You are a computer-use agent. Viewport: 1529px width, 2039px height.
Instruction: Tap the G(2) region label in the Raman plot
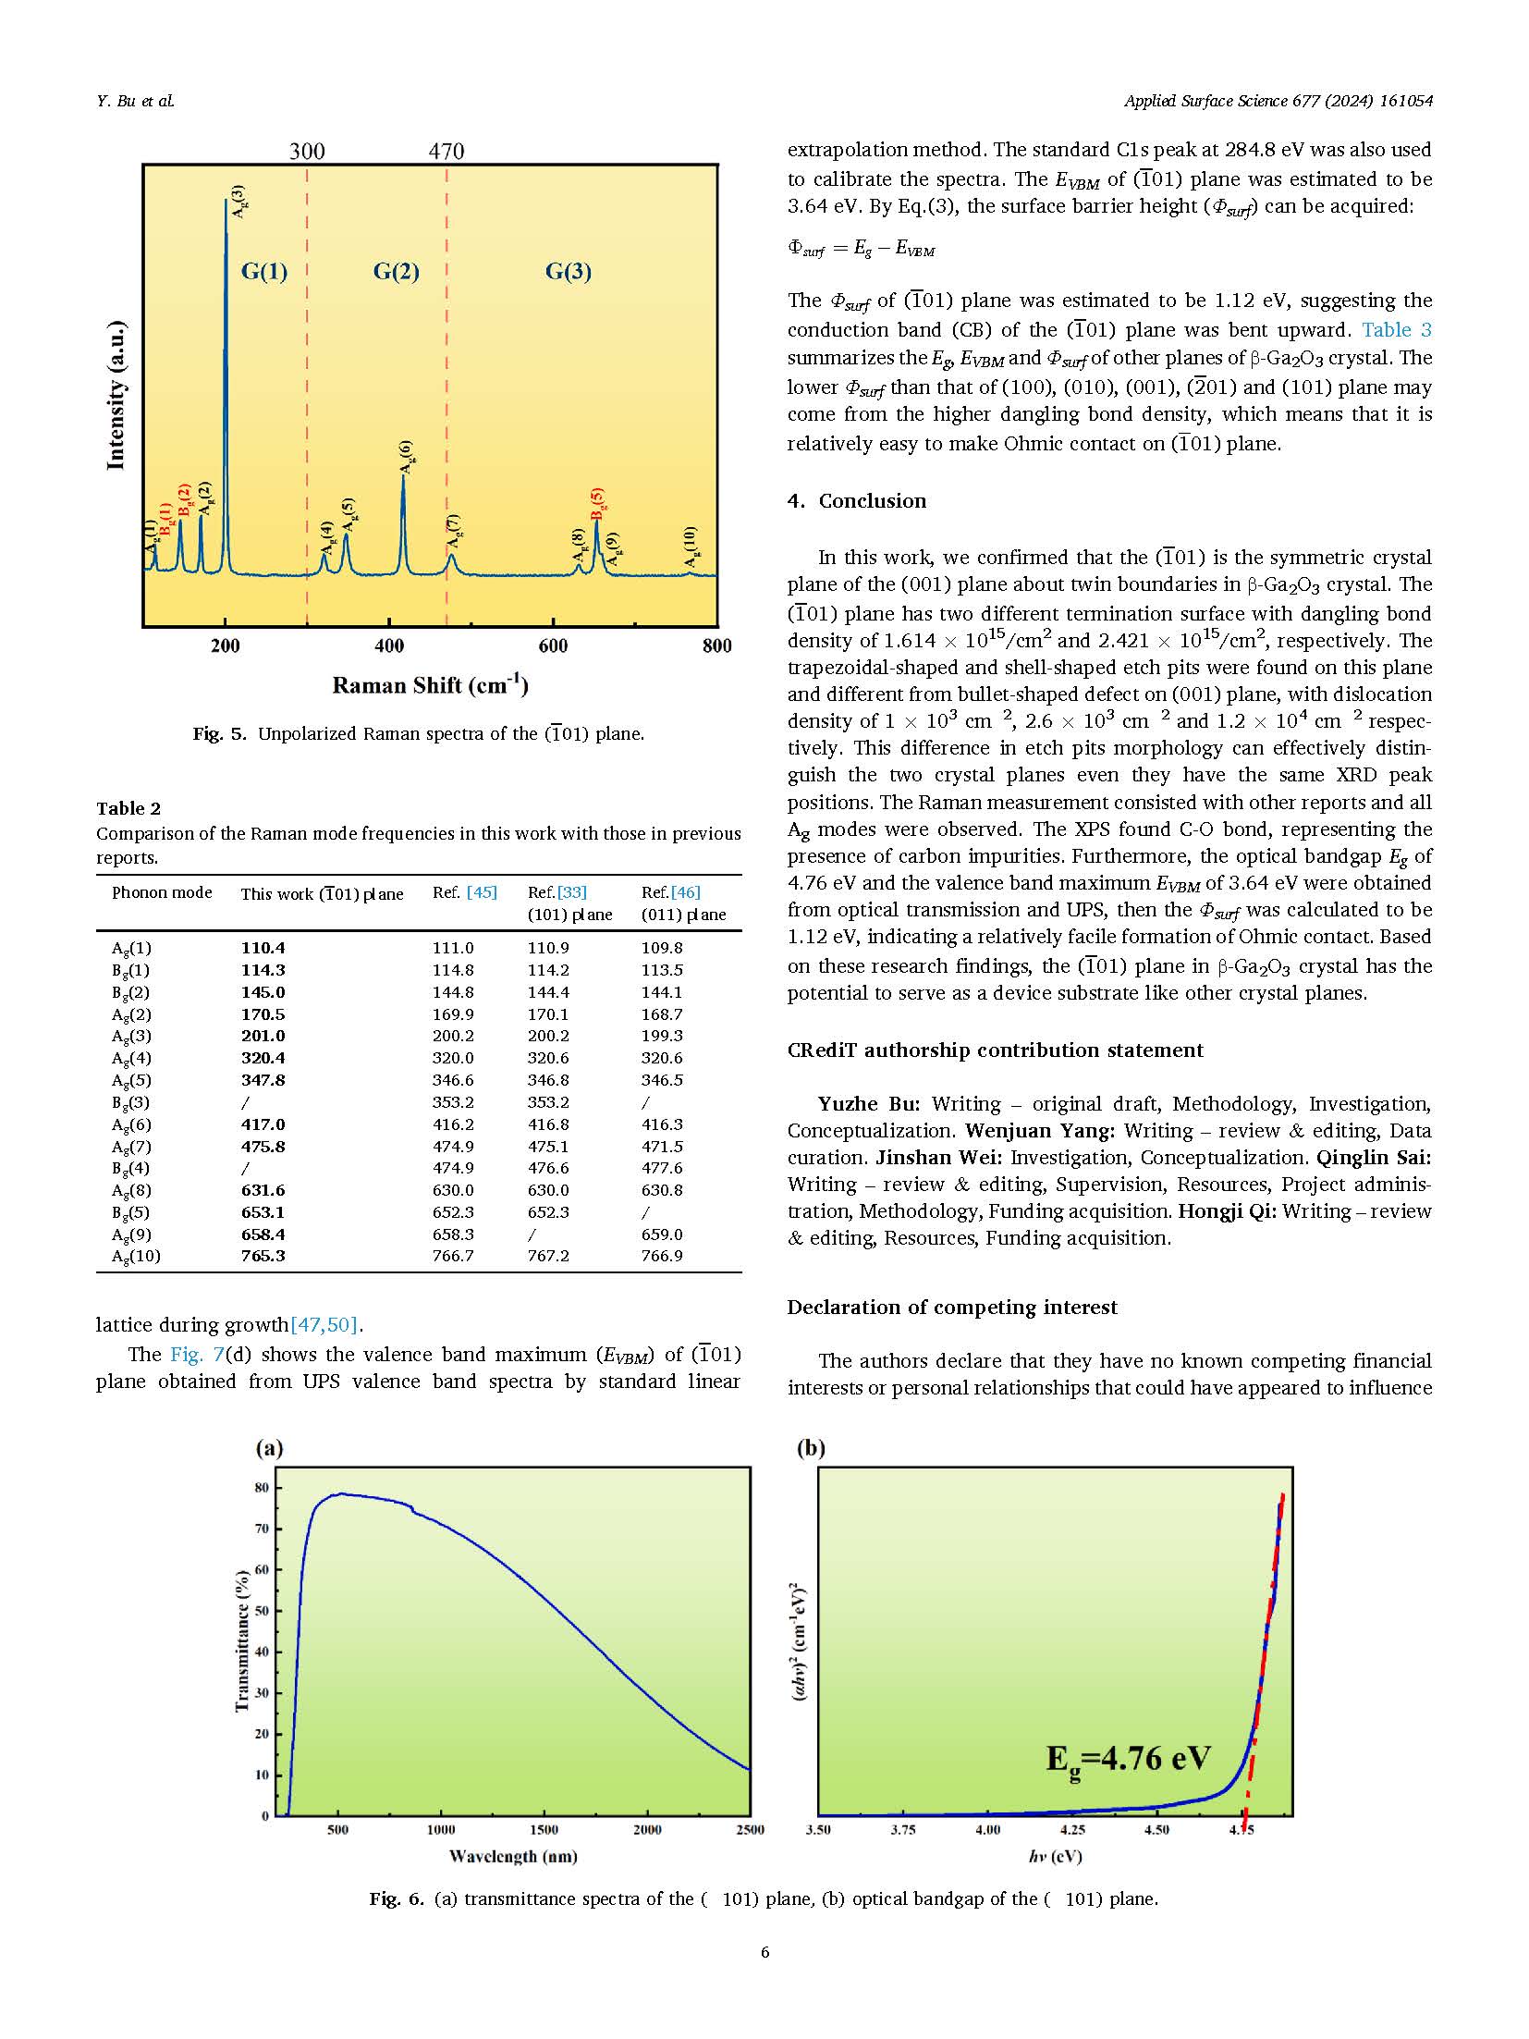click(396, 271)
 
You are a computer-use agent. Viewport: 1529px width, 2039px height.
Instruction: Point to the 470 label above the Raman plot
click(446, 151)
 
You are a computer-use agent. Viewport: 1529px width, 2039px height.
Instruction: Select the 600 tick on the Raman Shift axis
click(553, 646)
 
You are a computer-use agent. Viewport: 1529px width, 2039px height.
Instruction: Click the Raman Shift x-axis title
click(430, 685)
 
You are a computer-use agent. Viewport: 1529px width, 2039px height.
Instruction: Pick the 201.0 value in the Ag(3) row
click(263, 1036)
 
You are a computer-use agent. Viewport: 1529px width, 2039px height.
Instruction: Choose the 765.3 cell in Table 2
click(263, 1256)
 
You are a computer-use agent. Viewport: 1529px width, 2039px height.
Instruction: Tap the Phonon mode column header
click(162, 892)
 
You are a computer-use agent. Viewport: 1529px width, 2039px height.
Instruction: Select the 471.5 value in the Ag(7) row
click(662, 1146)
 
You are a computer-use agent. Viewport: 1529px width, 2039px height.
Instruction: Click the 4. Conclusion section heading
click(856, 500)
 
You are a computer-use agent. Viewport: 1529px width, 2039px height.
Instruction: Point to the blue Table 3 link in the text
click(1396, 329)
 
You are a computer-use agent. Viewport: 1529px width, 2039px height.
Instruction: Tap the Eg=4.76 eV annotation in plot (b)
click(1127, 1758)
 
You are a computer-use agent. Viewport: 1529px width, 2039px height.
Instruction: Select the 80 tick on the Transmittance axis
click(262, 1488)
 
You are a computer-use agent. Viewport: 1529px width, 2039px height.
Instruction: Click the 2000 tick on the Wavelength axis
click(647, 1829)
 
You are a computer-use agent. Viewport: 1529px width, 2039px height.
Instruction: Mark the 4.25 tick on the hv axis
click(1072, 1829)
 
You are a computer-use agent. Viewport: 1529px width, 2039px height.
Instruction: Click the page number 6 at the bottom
click(764, 1952)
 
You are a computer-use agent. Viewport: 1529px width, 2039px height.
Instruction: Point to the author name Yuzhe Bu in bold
click(868, 1103)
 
